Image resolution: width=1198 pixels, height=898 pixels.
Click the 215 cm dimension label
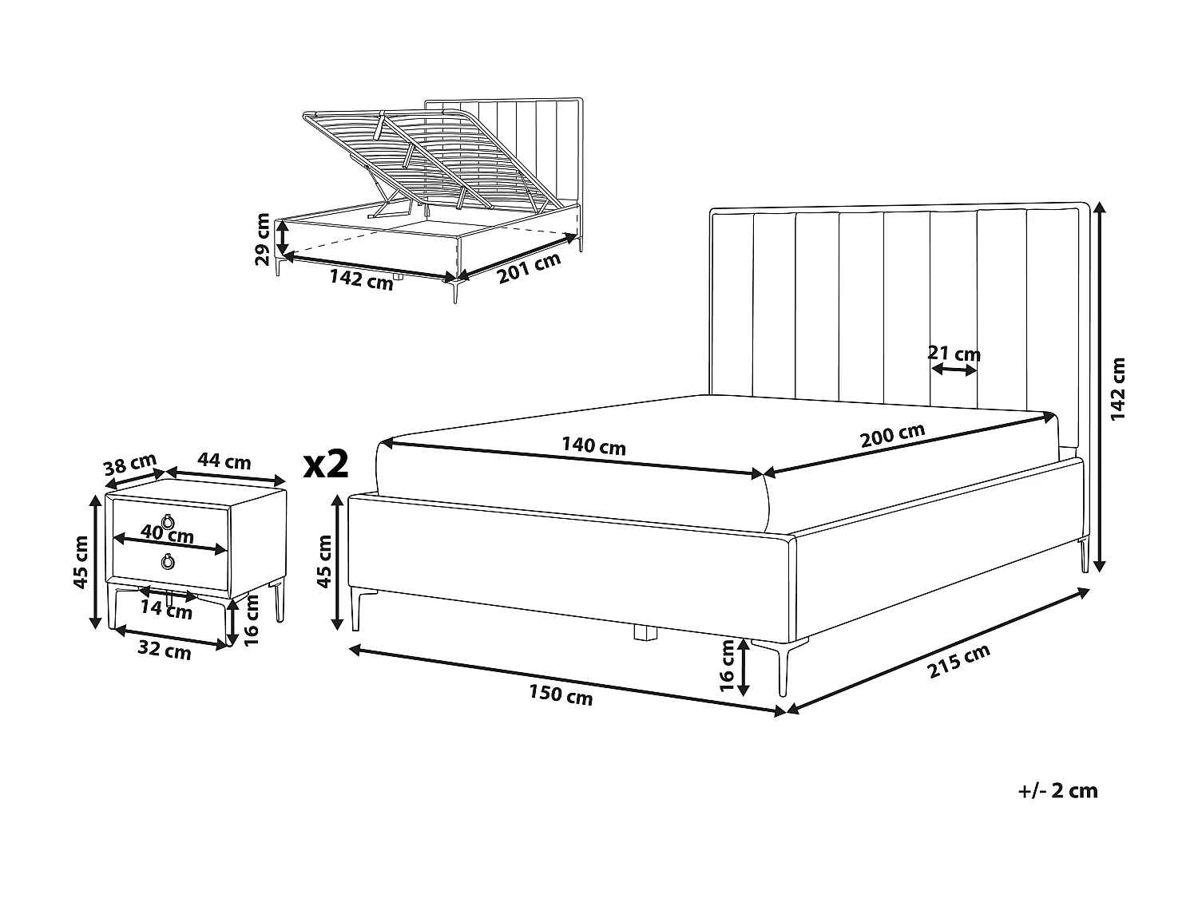(x=959, y=662)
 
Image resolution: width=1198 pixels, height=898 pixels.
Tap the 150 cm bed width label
(x=561, y=695)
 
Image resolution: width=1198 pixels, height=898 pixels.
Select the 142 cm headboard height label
(x=1118, y=389)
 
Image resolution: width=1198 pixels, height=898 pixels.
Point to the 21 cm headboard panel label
(x=954, y=353)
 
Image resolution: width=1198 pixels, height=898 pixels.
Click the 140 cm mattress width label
(x=593, y=446)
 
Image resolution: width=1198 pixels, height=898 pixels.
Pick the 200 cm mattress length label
(x=892, y=436)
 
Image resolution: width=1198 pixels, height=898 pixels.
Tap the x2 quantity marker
(x=326, y=464)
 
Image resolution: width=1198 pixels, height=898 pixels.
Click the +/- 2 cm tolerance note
(x=1058, y=791)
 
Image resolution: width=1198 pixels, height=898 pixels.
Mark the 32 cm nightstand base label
(x=165, y=651)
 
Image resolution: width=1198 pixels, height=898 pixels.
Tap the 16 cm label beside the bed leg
(x=727, y=666)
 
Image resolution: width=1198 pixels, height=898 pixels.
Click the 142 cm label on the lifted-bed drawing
(x=361, y=280)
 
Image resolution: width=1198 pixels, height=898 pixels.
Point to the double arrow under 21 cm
(x=955, y=370)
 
